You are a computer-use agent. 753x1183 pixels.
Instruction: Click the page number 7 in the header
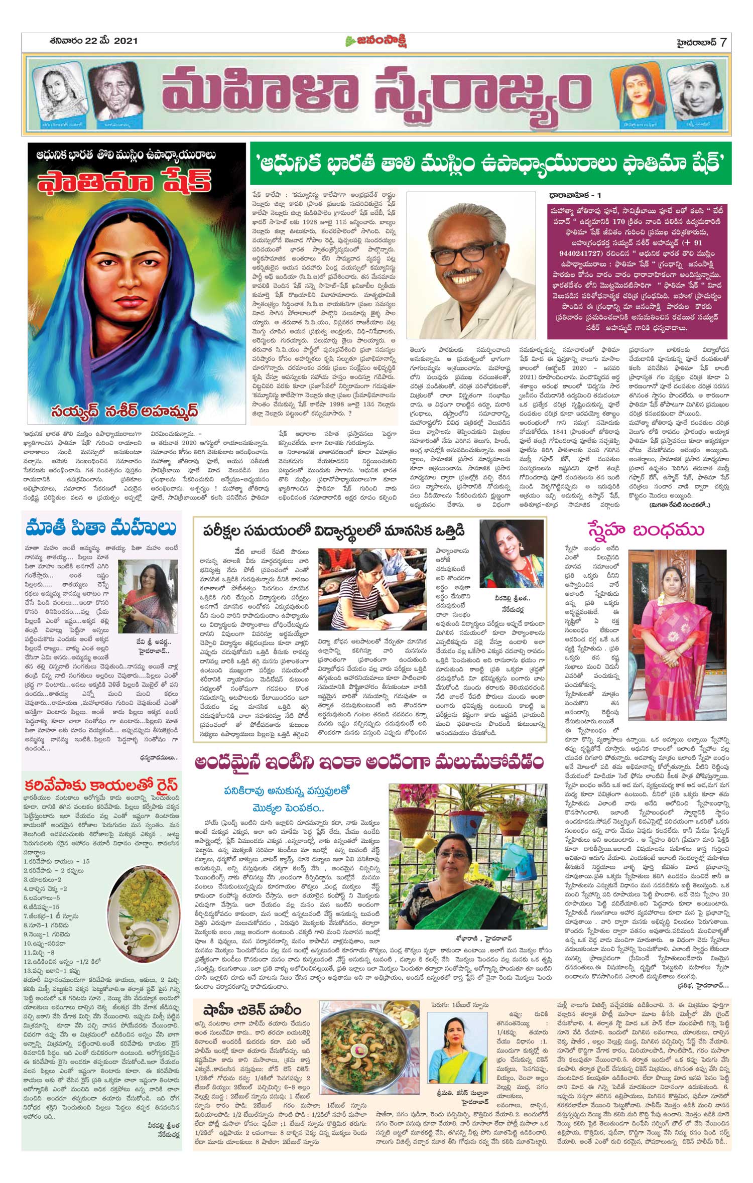tap(723, 42)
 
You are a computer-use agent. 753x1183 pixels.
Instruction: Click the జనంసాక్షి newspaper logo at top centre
tap(376, 42)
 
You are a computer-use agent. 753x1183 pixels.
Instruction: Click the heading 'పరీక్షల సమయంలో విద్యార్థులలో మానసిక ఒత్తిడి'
tap(334, 531)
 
